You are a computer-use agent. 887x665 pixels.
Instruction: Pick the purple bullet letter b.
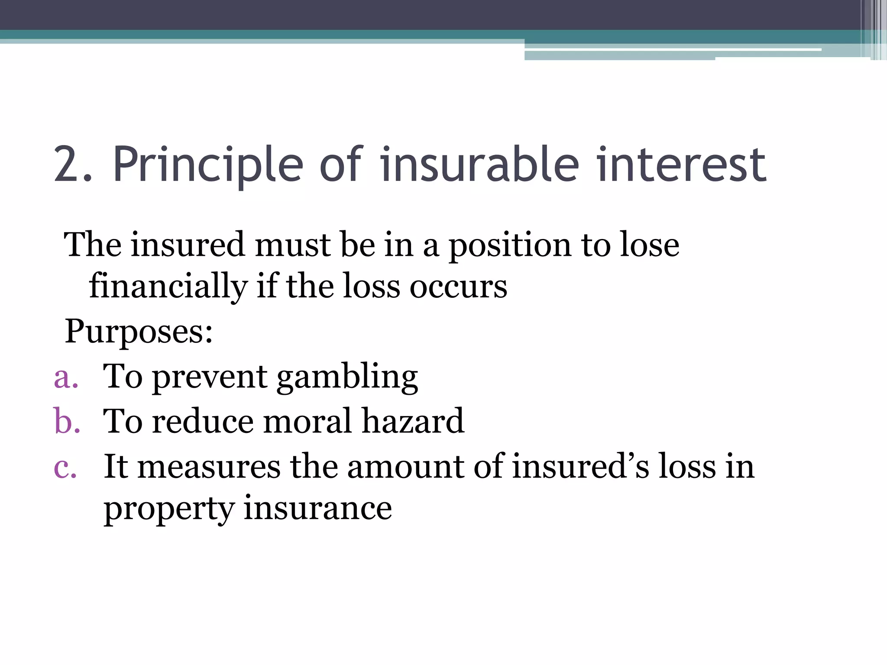[66, 421]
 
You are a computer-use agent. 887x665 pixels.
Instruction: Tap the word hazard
[413, 421]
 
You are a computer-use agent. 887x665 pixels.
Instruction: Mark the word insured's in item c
[580, 467]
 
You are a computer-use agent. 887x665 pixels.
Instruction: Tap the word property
[169, 509]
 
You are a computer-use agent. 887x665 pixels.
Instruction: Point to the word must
[292, 245]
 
